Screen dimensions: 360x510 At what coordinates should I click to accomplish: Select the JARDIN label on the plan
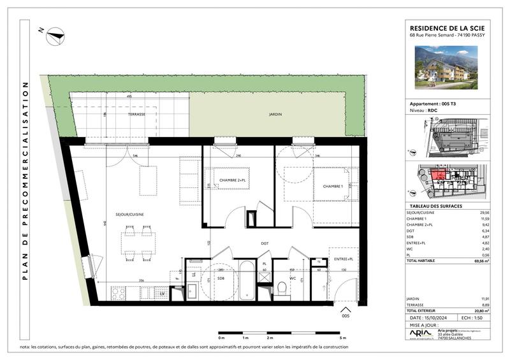point(275,114)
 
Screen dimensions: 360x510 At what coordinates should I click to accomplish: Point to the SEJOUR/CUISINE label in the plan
point(129,214)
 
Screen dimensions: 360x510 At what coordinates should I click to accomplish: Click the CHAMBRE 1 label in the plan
point(333,185)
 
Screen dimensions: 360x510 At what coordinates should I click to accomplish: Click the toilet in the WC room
point(281,287)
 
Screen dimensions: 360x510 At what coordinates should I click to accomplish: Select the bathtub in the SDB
point(246,280)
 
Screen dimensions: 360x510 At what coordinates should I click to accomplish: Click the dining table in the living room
point(139,241)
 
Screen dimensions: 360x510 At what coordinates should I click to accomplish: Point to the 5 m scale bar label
point(343,338)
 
